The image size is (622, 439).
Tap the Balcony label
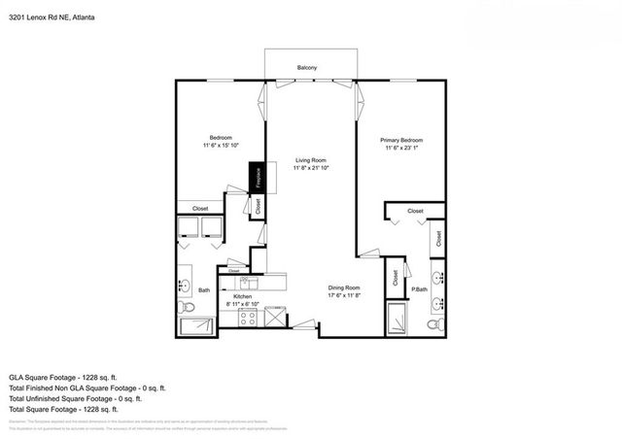(x=309, y=67)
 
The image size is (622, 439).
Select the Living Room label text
(x=311, y=159)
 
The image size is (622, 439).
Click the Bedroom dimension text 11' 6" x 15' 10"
(x=221, y=145)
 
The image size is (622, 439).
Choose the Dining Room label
(x=345, y=287)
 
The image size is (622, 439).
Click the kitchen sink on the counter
(x=247, y=282)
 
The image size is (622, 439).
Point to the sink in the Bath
(x=184, y=286)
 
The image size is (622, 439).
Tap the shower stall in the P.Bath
(x=397, y=318)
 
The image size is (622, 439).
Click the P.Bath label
(x=420, y=288)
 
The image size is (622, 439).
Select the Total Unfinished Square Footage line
(x=75, y=398)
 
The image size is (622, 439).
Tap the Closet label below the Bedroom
(x=200, y=208)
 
